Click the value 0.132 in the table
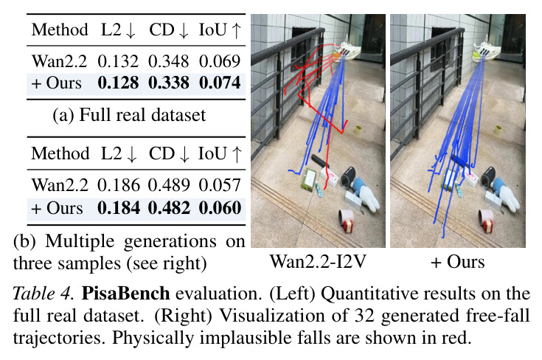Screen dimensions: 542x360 (x=118, y=61)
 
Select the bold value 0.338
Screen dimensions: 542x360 (x=169, y=83)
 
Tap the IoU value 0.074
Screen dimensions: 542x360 (x=220, y=83)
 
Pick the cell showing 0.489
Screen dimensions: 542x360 (x=169, y=185)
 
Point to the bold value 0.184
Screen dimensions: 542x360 (x=119, y=208)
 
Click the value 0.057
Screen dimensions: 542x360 (x=220, y=185)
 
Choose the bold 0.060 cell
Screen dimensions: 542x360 (x=220, y=208)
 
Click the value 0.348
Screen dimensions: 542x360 (x=169, y=61)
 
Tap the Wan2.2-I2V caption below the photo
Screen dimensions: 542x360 (x=318, y=261)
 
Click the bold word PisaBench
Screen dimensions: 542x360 (x=125, y=294)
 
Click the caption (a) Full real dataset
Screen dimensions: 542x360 (x=129, y=115)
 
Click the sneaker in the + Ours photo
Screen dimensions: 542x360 (x=487, y=52)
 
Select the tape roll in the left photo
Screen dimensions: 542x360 (x=358, y=131)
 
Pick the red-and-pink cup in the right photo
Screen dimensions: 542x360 (x=487, y=221)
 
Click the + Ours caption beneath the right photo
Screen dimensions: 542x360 (x=458, y=261)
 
